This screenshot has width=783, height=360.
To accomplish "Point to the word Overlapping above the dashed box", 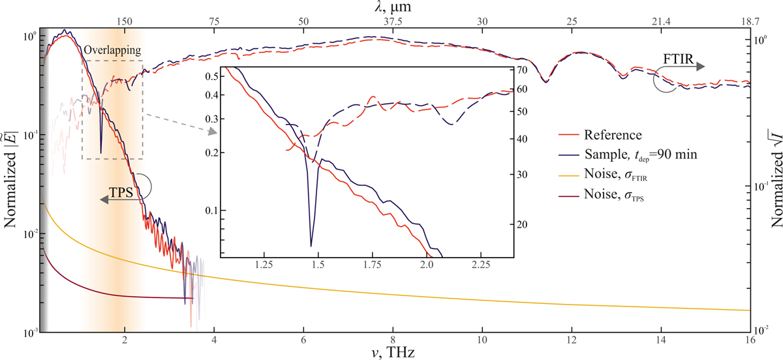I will pos(112,50).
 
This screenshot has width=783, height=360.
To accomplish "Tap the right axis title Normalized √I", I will pos(773,180).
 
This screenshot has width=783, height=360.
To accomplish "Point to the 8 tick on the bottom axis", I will pos(392,340).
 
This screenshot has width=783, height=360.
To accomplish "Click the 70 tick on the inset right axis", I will pos(522,70).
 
